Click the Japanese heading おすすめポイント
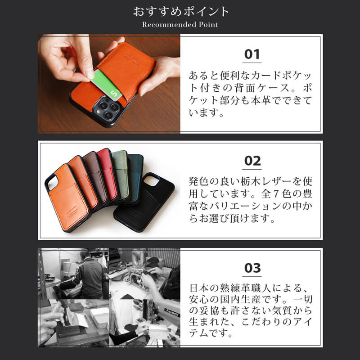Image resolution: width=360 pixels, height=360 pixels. coord(180,11)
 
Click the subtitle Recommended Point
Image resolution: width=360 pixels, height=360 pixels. coord(180,25)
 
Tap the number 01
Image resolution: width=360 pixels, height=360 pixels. coord(252,54)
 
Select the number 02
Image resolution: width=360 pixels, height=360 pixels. coord(252,161)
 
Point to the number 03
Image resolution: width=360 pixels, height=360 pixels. coord(252,268)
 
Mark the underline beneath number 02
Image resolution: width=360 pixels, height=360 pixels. coord(252,169)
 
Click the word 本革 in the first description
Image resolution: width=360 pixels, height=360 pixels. coord(263,100)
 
